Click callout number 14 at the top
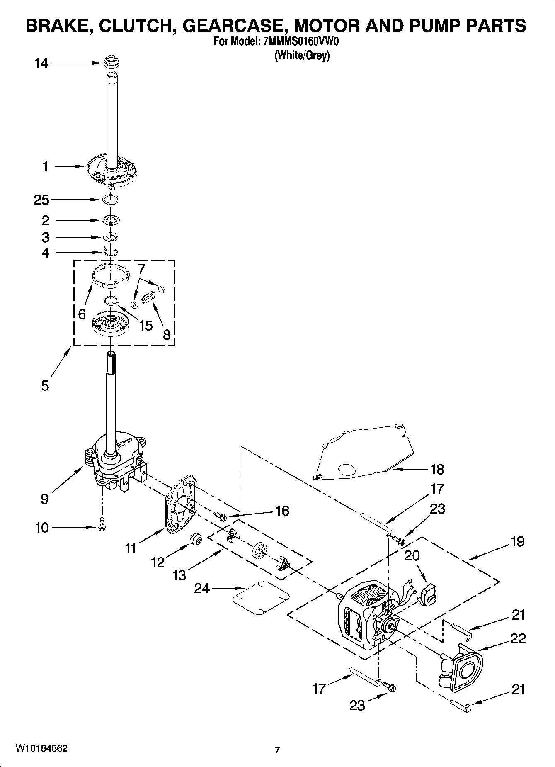pos(41,63)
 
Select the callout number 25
pos(41,200)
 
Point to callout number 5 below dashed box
pos(45,385)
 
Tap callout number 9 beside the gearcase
pos(45,499)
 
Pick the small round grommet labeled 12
pos(196,540)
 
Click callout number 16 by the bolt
pos(282,511)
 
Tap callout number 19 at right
pos(518,541)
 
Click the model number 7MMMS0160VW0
pos(301,42)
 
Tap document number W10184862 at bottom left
pos(41,748)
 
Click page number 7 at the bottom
pos(277,750)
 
